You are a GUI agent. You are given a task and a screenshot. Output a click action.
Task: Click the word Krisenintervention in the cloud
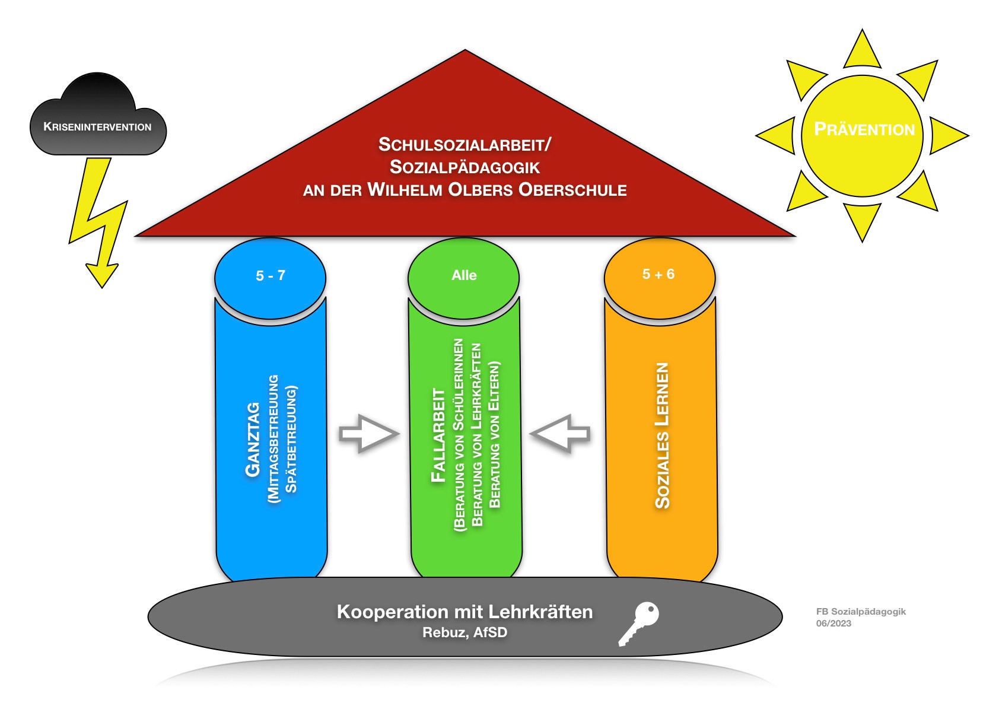pyautogui.click(x=97, y=127)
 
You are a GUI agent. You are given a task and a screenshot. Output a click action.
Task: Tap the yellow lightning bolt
pyautogui.click(x=98, y=220)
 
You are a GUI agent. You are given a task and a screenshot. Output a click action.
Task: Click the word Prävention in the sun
pyautogui.click(x=864, y=129)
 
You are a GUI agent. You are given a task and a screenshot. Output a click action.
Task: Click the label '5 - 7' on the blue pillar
pyautogui.click(x=271, y=276)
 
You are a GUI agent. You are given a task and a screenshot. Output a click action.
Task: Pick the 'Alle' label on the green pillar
pyautogui.click(x=464, y=275)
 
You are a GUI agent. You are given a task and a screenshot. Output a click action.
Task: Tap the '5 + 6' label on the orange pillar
pyautogui.click(x=658, y=274)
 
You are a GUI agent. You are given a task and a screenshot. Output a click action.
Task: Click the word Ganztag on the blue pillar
pyautogui.click(x=253, y=440)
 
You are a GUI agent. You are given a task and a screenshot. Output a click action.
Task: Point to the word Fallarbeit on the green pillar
pyautogui.click(x=438, y=435)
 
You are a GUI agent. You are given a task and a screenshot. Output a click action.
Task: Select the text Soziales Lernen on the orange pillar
pyautogui.click(x=662, y=435)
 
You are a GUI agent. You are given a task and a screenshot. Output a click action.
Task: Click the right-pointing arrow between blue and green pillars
pyautogui.click(x=369, y=434)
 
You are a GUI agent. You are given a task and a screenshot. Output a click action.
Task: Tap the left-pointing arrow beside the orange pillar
pyautogui.click(x=560, y=434)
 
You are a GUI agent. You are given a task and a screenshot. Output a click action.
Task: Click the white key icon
pyautogui.click(x=639, y=623)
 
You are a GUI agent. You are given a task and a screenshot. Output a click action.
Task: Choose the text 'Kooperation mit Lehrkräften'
pyautogui.click(x=464, y=612)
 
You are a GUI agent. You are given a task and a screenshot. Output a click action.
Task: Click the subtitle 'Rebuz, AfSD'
pyautogui.click(x=464, y=632)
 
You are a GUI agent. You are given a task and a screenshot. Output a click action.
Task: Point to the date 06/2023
pyautogui.click(x=833, y=624)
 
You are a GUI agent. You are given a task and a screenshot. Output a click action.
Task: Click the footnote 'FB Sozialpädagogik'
pyautogui.click(x=861, y=612)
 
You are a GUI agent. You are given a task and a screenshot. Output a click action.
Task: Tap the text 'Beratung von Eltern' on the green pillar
pyautogui.click(x=495, y=435)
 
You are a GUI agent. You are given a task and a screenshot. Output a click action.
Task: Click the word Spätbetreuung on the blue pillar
pyautogui.click(x=291, y=440)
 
